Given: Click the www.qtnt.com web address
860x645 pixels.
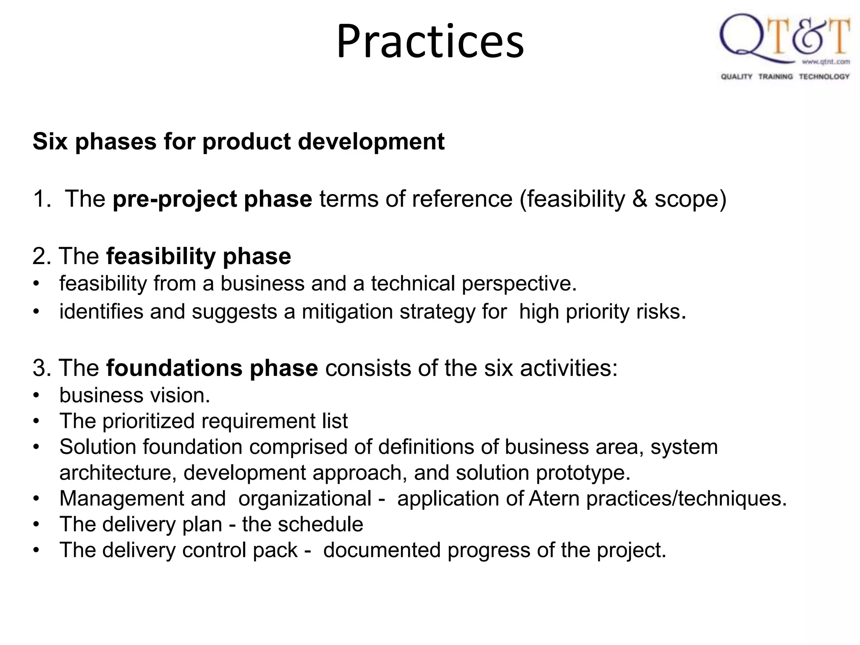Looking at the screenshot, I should click(x=826, y=62).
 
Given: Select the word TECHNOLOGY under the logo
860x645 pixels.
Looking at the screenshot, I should click(x=824, y=76).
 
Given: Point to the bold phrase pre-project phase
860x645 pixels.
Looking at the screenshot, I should click(x=212, y=199).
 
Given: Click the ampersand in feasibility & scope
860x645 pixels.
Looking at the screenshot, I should click(x=640, y=199).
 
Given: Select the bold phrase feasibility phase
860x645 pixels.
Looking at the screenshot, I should click(x=198, y=256).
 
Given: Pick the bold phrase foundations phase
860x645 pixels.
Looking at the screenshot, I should click(x=212, y=368).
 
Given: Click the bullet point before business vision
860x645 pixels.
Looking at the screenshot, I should click(x=37, y=396).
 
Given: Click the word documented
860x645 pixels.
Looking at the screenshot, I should click(x=382, y=551).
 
